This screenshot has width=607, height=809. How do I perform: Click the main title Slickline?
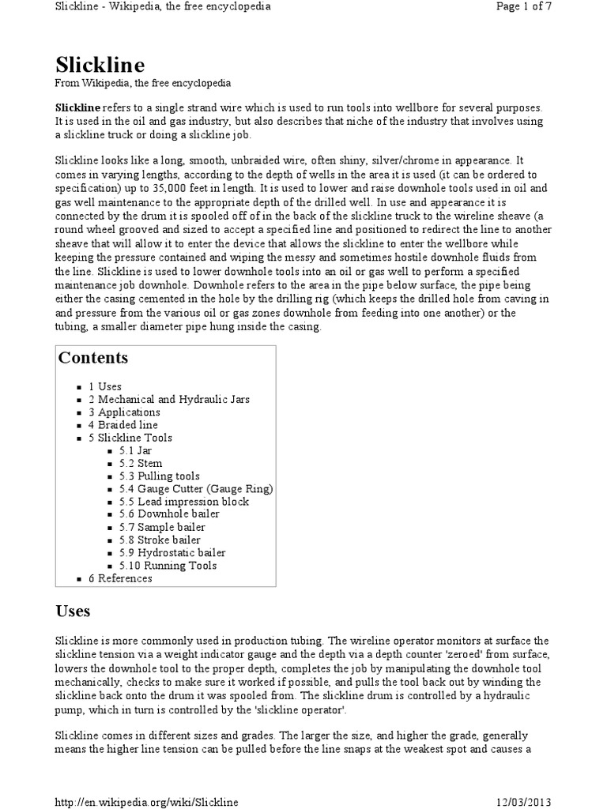coord(100,64)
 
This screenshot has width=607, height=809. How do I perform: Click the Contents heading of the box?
coord(93,357)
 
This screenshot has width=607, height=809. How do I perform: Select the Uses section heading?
coord(73,611)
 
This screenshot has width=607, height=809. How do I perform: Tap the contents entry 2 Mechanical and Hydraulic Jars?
coord(168,399)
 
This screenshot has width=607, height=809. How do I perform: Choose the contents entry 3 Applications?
coord(124,412)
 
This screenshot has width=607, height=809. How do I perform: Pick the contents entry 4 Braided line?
coord(123,425)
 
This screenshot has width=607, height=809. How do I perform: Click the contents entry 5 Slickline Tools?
coord(130,438)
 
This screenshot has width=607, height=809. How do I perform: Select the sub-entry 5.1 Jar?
coord(135,450)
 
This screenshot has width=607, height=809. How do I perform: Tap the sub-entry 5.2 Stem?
coord(141,463)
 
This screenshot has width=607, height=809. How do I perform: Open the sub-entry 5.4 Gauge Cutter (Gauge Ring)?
coord(192,489)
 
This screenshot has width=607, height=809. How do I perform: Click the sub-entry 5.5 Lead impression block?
coord(183,502)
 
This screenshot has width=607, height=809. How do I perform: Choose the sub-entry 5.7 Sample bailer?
coord(162,527)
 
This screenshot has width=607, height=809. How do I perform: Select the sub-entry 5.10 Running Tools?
coord(168,566)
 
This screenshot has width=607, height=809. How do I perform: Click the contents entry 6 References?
coord(120,578)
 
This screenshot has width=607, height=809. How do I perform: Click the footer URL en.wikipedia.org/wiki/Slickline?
coord(146,802)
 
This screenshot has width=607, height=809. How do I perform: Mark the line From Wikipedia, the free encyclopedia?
coord(142,83)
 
